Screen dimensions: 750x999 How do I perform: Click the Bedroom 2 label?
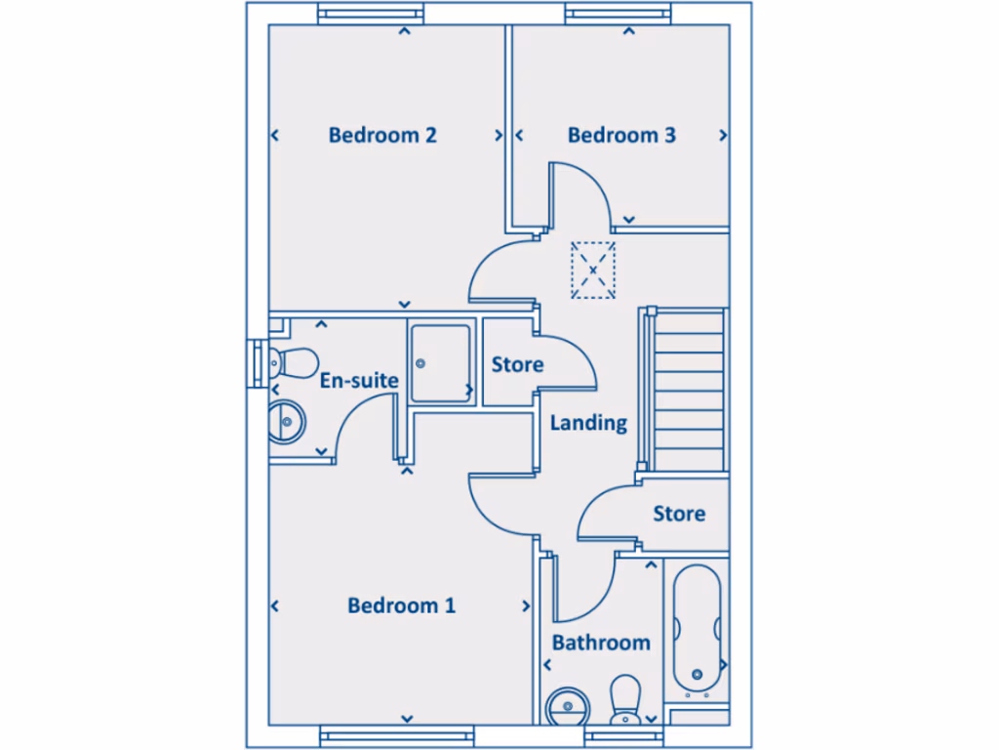(x=382, y=135)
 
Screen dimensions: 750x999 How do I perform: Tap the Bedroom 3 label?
(x=621, y=135)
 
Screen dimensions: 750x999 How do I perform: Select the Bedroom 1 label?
(x=401, y=605)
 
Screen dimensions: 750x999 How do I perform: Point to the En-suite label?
(x=359, y=380)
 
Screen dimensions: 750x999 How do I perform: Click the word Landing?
(x=588, y=423)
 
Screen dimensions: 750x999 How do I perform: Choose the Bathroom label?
(x=601, y=643)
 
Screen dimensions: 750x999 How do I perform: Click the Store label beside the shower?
(x=517, y=364)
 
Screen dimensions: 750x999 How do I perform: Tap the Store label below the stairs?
(x=679, y=513)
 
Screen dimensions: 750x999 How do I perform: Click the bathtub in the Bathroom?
(x=697, y=625)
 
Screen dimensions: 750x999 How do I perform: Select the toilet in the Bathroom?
(x=623, y=700)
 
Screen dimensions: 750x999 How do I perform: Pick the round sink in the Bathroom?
(x=565, y=706)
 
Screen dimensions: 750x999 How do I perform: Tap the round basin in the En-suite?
(x=286, y=423)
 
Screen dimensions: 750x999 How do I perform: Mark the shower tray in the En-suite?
(x=439, y=363)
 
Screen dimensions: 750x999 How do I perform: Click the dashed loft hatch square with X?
(x=592, y=269)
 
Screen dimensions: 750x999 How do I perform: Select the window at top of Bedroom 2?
(x=372, y=14)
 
